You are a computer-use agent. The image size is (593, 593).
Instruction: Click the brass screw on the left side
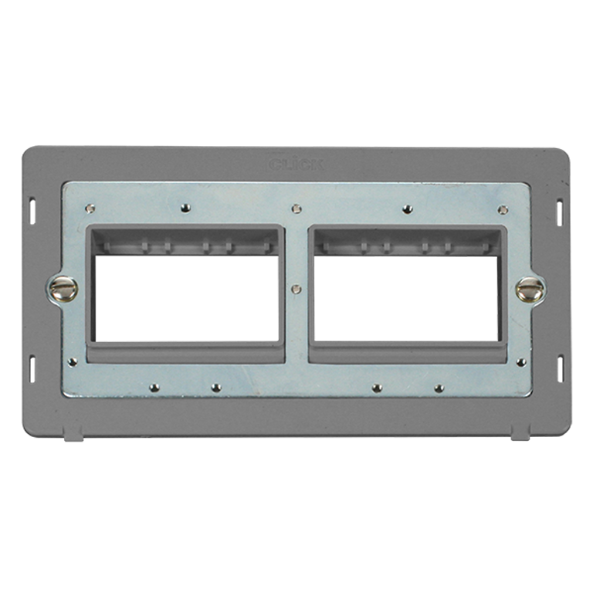[x=62, y=289]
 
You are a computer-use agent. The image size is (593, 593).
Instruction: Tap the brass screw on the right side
[x=530, y=289]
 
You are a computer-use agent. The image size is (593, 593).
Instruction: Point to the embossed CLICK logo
[x=297, y=164]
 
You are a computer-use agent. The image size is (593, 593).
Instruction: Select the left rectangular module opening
[x=186, y=298]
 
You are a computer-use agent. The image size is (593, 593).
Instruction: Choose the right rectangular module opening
[x=406, y=298]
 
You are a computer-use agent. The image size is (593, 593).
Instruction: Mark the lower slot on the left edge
[x=32, y=369]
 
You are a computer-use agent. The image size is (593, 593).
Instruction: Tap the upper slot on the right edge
[x=560, y=212]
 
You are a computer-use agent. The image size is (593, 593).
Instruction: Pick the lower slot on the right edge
[x=560, y=369]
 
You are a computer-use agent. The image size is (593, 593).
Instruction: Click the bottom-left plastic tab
[x=73, y=433]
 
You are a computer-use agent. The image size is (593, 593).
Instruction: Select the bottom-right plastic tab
[x=520, y=433]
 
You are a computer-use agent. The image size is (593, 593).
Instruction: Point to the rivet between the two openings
[x=296, y=290]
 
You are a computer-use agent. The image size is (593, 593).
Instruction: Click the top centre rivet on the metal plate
[x=296, y=208]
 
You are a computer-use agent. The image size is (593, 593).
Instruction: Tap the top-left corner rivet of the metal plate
[x=90, y=207]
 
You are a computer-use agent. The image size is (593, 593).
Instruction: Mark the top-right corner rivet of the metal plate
[x=503, y=209]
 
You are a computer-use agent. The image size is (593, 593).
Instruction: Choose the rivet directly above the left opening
[x=185, y=208]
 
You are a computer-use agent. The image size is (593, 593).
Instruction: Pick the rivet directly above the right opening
[x=408, y=208]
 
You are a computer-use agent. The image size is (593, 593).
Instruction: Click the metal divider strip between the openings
[x=296, y=324]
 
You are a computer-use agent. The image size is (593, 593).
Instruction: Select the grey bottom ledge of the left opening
[x=186, y=353]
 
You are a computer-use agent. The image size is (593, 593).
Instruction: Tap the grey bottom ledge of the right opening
[x=407, y=353]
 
